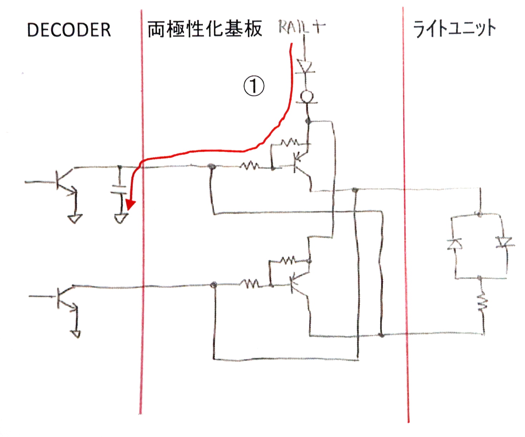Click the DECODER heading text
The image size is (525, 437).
coord(69,30)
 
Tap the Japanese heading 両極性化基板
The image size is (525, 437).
coord(205,29)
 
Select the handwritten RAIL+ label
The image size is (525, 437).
coord(302,27)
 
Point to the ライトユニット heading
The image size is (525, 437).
coord(454,29)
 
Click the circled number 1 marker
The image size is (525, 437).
coord(254,86)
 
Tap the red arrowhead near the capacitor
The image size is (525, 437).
coord(130,205)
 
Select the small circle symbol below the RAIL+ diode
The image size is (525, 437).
coord(307,97)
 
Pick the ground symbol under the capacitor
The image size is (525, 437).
coord(121,218)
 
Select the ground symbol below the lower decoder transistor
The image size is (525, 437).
coord(76,334)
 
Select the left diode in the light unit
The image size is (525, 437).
coord(455,244)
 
